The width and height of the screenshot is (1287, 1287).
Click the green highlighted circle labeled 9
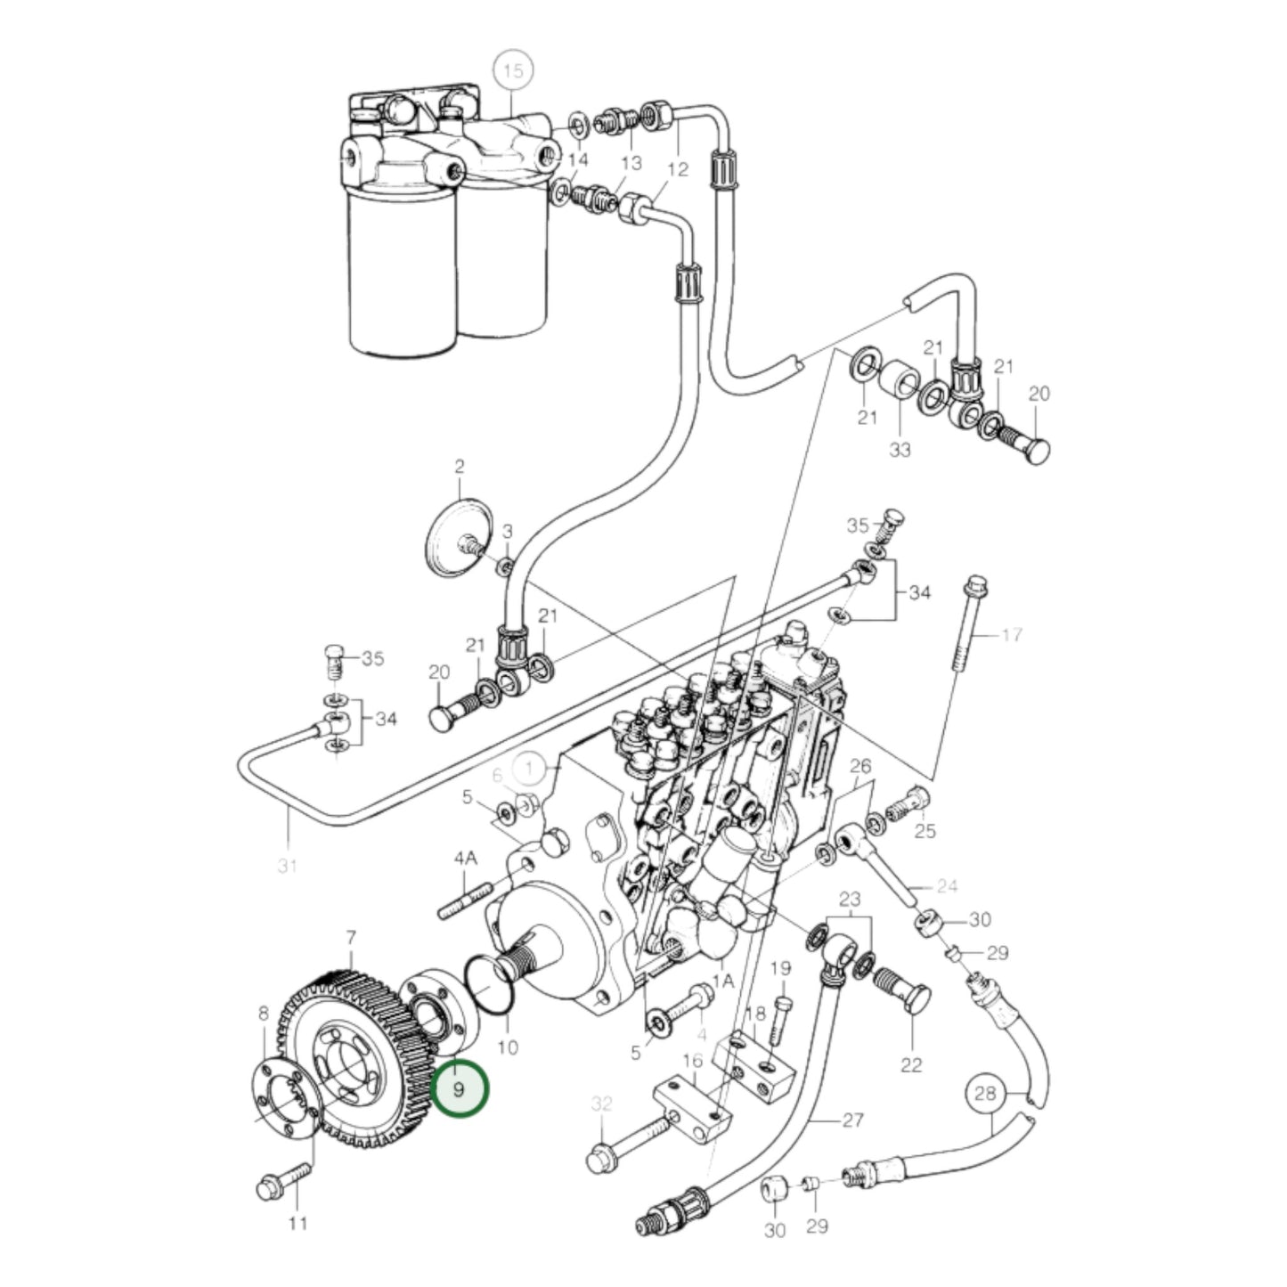point(460,1089)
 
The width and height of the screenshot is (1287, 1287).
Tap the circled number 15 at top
point(513,72)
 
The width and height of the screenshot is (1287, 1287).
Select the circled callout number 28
point(985,1093)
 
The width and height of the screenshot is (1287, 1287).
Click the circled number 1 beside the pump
point(533,767)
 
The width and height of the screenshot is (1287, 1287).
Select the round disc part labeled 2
point(459,539)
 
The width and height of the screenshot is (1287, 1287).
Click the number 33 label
point(900,450)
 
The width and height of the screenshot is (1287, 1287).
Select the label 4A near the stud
point(465,858)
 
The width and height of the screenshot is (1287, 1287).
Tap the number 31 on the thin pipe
point(286,865)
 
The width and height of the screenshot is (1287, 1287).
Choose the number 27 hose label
point(852,1120)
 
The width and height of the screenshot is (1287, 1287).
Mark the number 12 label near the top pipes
point(678,168)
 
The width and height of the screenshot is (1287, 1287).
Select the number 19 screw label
point(780,968)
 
